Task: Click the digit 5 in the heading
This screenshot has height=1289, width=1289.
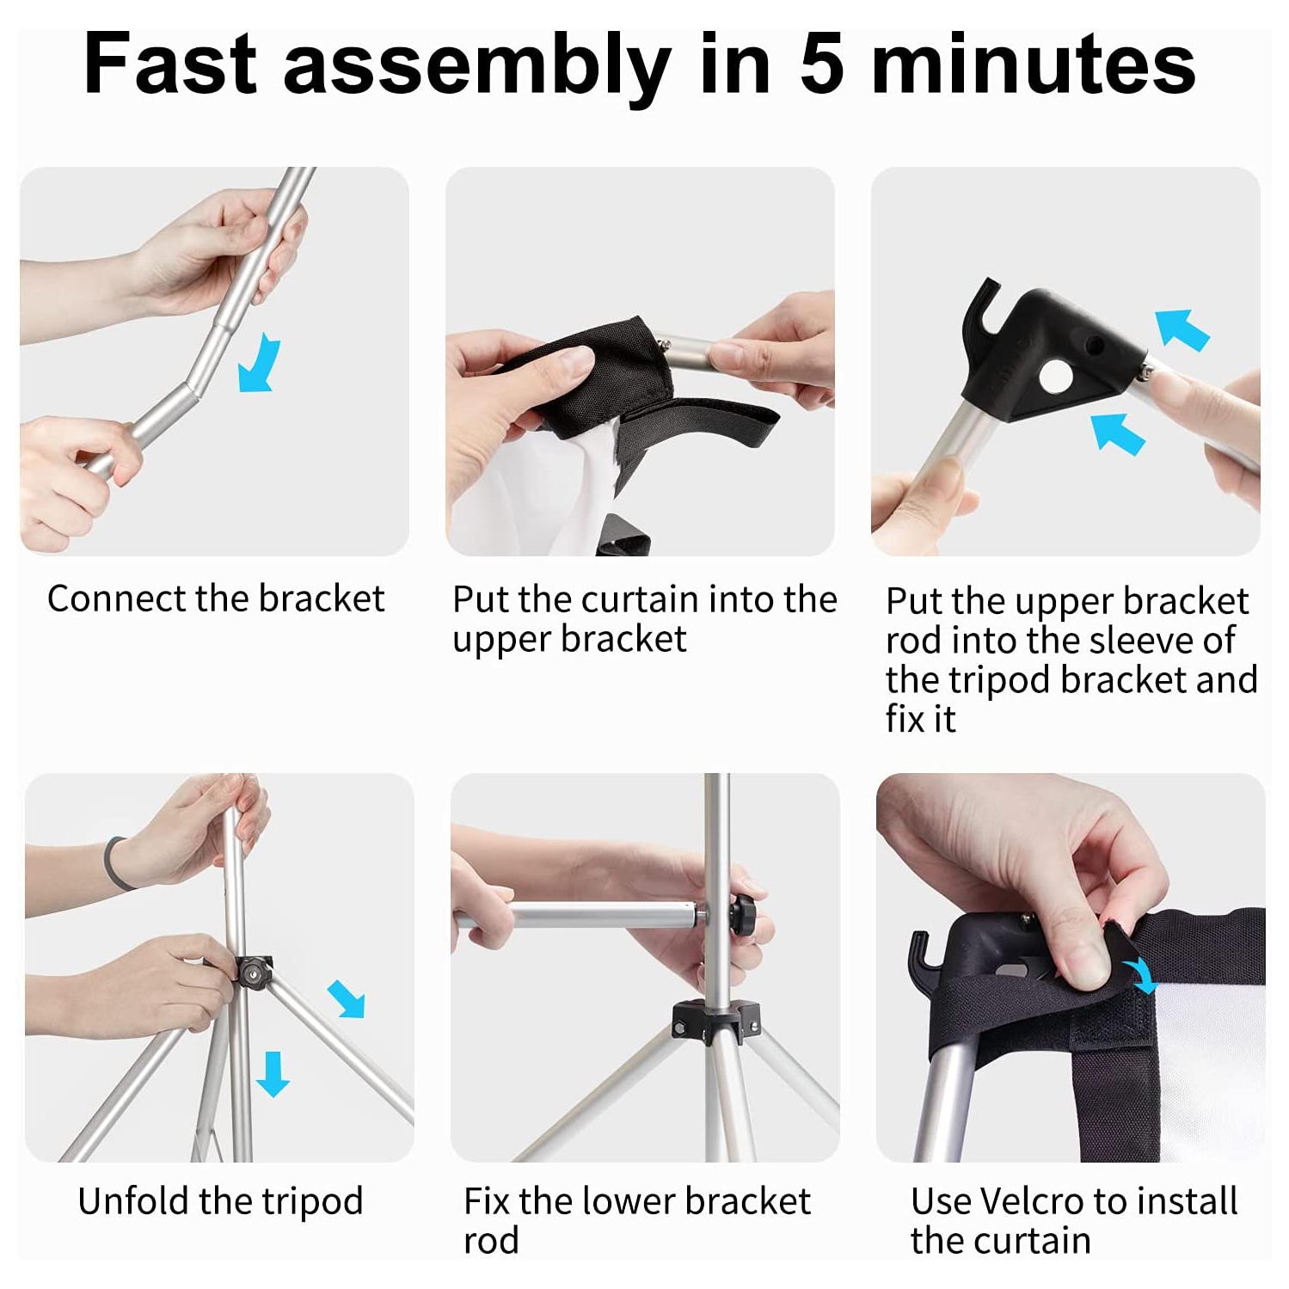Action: coord(822,64)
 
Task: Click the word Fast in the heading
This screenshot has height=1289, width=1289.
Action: coord(170,64)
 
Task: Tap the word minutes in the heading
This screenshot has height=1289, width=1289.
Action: coord(1034,64)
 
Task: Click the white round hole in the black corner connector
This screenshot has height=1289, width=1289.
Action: coord(1053,376)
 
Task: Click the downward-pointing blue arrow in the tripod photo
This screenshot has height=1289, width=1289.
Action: coord(273,1074)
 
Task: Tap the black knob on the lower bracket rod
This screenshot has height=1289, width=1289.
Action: coord(743,914)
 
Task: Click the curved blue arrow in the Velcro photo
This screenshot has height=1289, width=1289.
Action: coord(1144,977)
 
